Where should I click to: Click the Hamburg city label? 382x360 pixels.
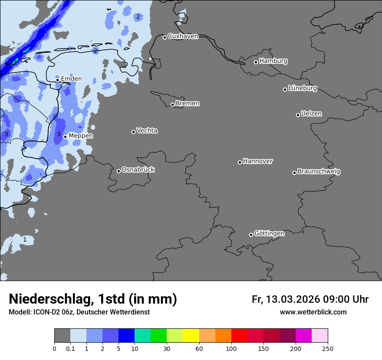273,61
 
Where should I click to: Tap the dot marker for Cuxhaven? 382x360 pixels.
165,37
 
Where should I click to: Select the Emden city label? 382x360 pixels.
71,79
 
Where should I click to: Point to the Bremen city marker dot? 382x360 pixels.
172,105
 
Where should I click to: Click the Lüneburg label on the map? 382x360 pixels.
302,88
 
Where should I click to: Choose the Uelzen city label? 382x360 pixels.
311,114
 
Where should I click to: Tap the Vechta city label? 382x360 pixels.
147,131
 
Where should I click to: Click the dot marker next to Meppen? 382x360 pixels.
65,137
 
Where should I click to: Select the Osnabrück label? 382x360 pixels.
138,170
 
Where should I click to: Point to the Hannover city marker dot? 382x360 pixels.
240,162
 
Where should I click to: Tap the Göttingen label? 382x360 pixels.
269,234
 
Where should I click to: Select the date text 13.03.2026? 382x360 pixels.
293,300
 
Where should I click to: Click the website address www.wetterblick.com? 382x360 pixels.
313,312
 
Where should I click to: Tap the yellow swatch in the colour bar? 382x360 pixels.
191,336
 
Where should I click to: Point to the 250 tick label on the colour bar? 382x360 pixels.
328,349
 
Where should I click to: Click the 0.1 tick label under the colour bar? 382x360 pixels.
70,349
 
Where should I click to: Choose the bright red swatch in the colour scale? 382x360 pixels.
239,336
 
